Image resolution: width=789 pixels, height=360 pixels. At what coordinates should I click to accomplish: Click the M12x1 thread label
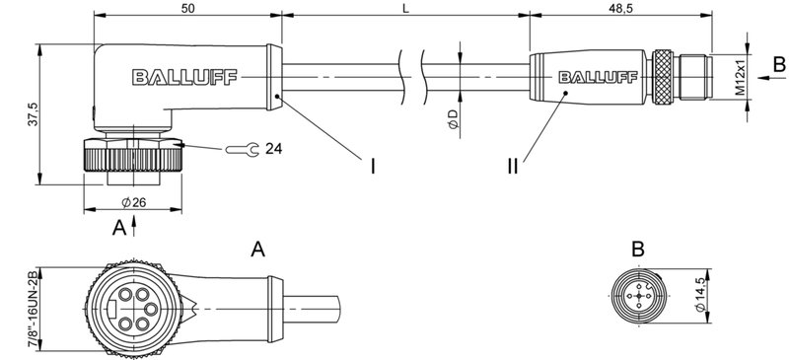click(740, 76)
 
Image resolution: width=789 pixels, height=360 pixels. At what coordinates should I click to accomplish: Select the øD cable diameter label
click(453, 119)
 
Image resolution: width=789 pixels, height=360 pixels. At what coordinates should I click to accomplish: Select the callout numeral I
click(373, 166)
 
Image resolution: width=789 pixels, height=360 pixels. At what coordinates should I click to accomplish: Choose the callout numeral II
click(512, 166)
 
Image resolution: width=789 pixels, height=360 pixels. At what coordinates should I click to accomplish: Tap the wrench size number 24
click(273, 149)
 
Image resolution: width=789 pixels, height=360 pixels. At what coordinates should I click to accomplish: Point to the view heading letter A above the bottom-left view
click(258, 250)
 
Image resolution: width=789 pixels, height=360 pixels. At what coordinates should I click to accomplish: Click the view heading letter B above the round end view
click(638, 250)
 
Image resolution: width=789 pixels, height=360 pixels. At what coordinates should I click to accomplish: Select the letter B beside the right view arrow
click(778, 65)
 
